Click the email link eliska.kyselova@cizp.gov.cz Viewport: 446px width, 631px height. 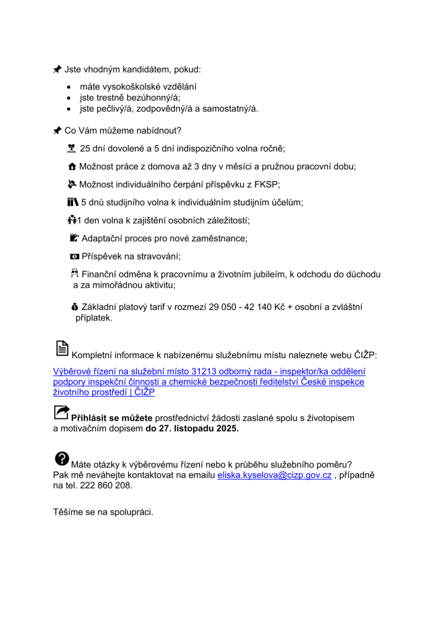[x=274, y=475]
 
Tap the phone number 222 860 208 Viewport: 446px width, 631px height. [x=108, y=485]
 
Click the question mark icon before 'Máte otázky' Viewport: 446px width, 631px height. [x=62, y=459]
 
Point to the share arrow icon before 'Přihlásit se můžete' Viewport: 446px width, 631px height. [x=62, y=413]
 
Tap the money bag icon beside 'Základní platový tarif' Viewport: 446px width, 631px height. [x=75, y=307]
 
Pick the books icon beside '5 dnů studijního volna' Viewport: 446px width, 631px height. [x=72, y=203]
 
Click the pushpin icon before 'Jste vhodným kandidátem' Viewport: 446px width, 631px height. [x=57, y=69]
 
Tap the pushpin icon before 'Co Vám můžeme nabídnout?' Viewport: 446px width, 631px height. [x=57, y=131]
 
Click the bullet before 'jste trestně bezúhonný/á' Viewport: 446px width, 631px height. [x=69, y=98]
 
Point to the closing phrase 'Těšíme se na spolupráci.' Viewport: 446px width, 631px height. [x=103, y=512]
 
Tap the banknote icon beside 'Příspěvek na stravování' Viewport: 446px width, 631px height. [x=74, y=257]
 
